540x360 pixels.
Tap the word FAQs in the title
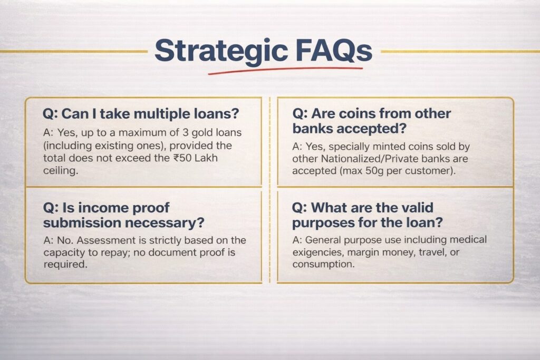333,51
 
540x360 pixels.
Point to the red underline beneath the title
285,70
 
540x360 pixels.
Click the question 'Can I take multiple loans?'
140,113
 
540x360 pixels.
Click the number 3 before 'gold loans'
185,133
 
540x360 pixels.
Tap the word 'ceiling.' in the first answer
61,171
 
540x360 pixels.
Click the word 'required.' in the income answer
65,265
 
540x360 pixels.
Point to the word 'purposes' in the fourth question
323,223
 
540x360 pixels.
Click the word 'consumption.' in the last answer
323,264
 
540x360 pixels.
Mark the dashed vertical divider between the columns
269,190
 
